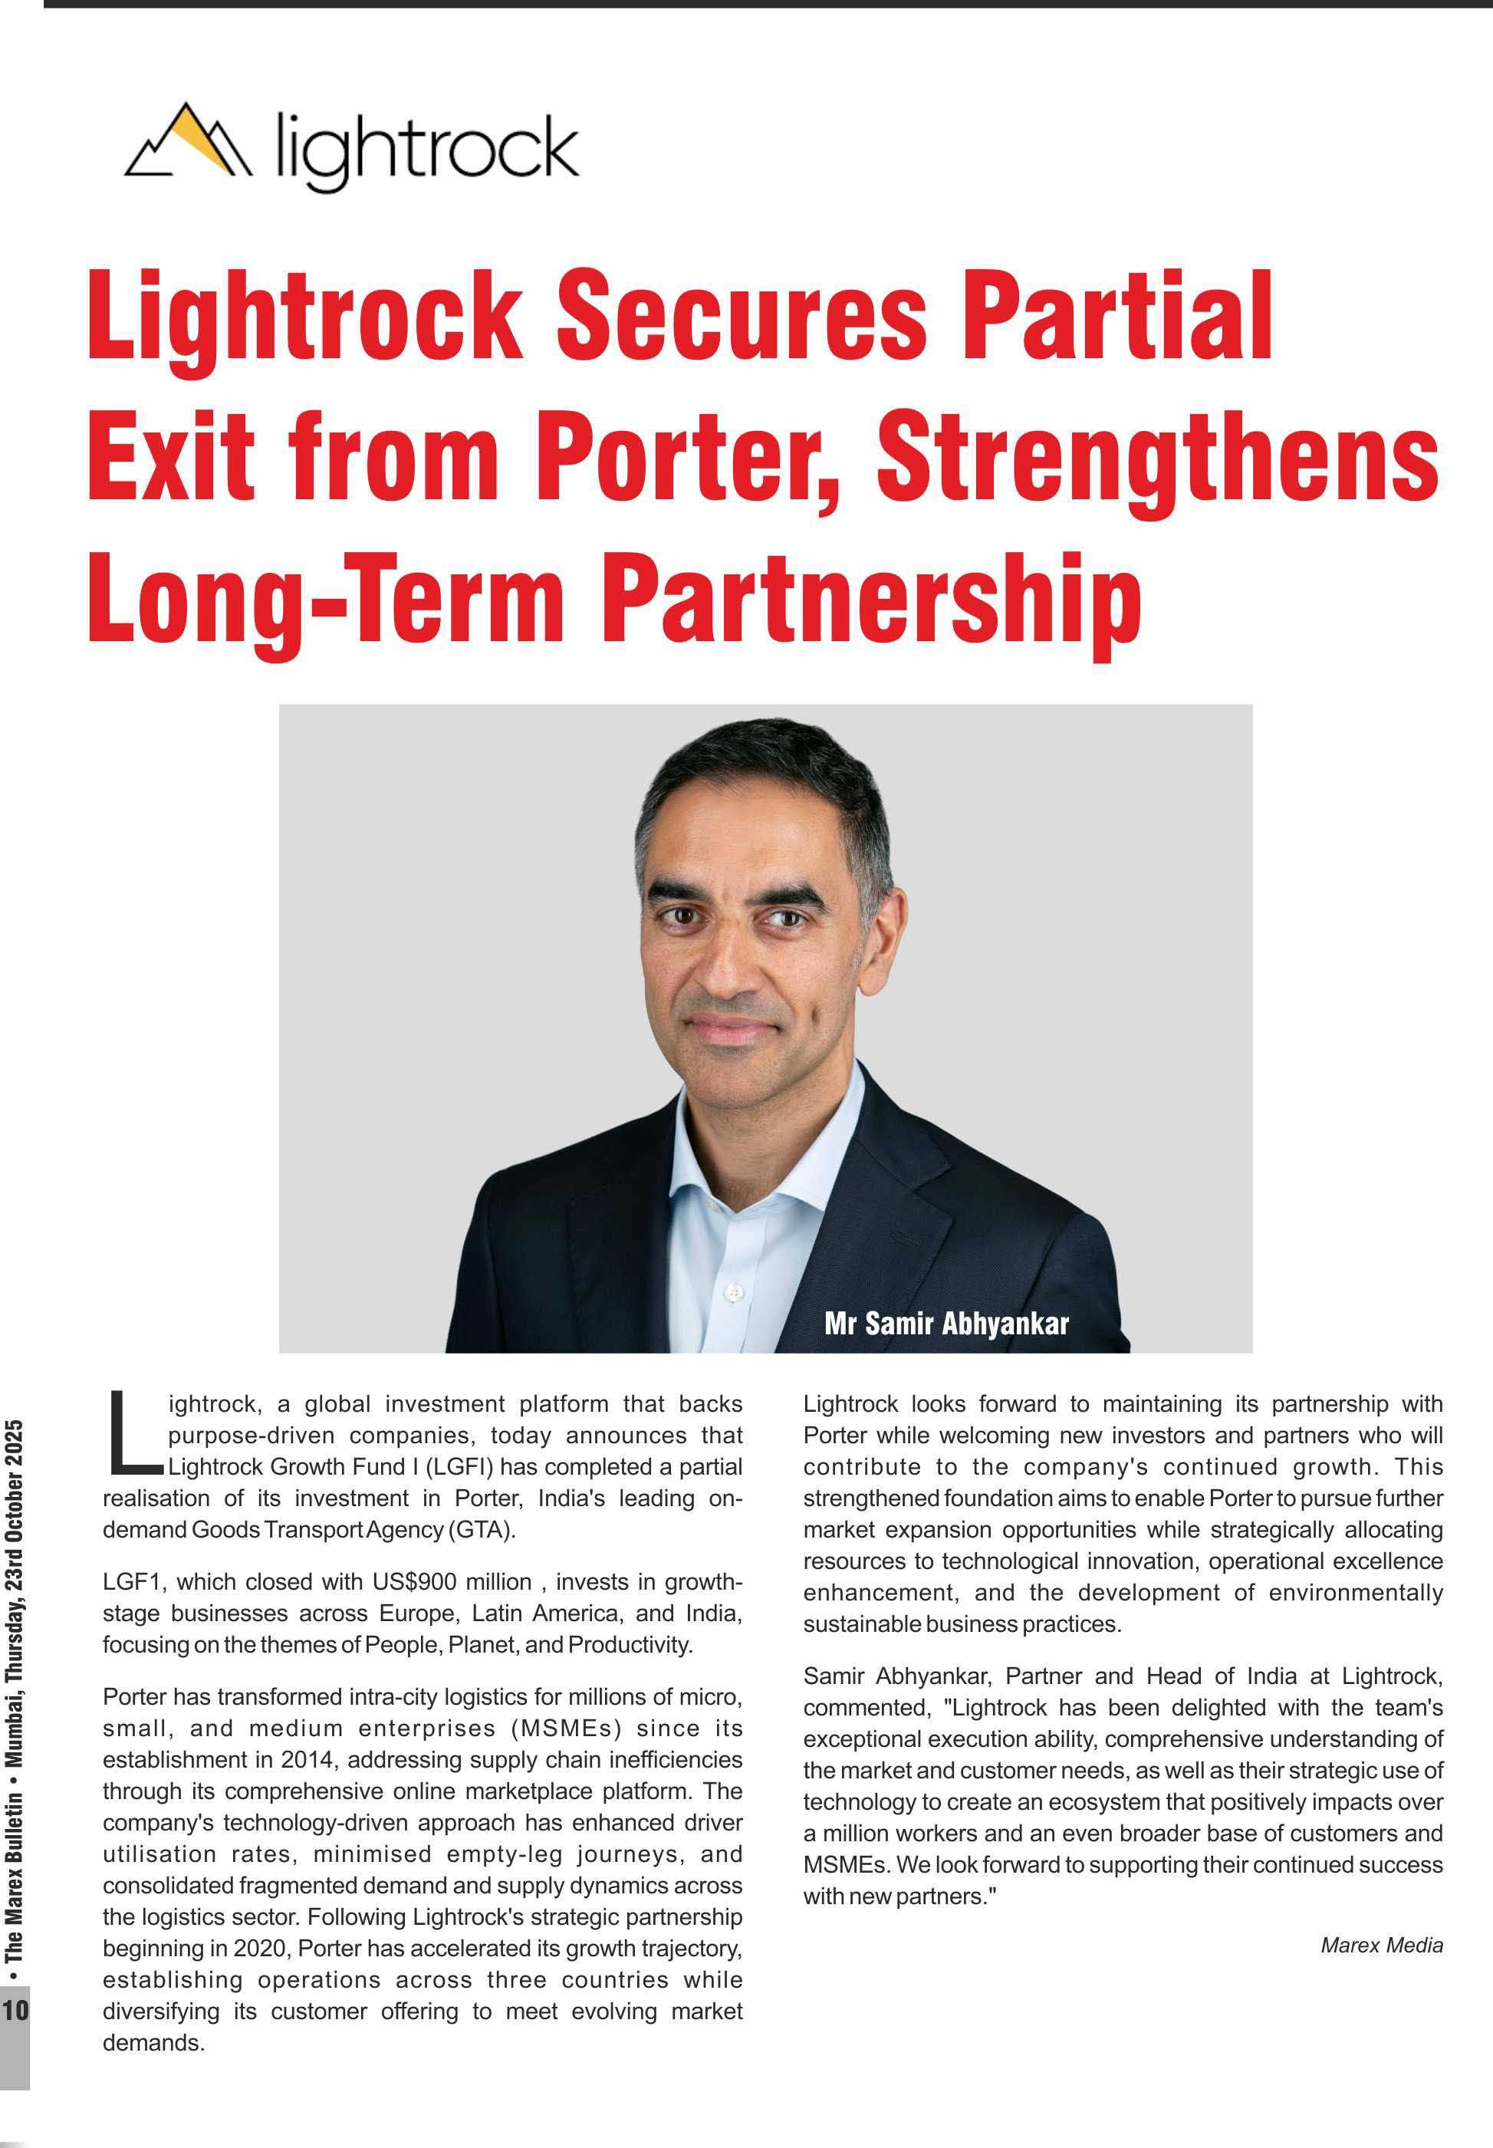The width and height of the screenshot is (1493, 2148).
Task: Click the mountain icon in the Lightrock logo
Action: pyautogui.click(x=188, y=141)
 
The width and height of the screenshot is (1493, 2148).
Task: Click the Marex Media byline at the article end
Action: pyautogui.click(x=1381, y=1946)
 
